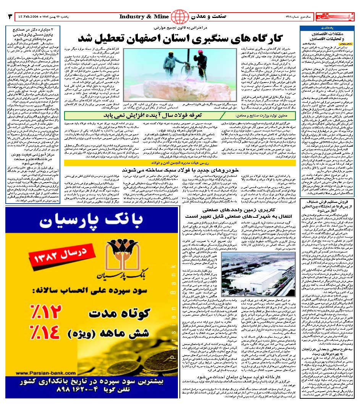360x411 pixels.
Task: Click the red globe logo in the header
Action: pos(178,17)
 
